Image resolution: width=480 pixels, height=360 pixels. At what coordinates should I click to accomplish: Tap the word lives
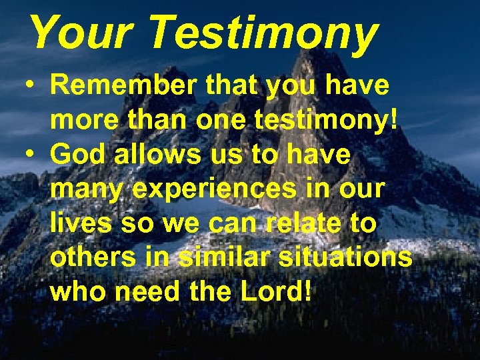(x=80, y=223)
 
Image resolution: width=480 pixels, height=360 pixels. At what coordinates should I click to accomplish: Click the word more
(x=83, y=121)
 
